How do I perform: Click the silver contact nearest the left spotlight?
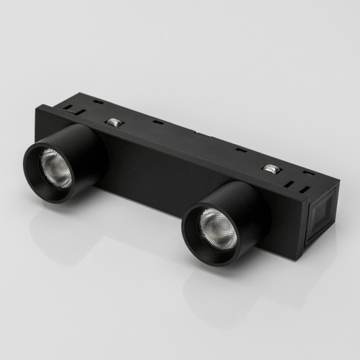tap(113, 122)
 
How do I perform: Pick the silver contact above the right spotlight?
tap(270, 168)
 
